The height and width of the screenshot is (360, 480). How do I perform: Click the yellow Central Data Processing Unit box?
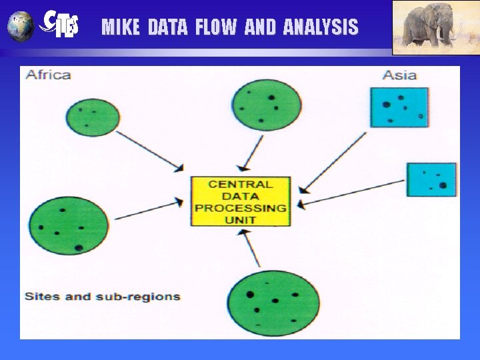tap(241, 201)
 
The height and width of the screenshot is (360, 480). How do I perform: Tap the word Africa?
tap(48, 75)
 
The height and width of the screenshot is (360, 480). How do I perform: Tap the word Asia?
tap(399, 75)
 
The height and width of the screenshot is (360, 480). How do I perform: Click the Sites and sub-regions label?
tap(102, 296)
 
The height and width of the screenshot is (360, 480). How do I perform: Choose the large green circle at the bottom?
tap(273, 303)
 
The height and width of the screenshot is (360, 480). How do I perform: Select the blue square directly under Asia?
tap(399, 107)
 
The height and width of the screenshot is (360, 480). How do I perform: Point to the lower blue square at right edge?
tap(432, 179)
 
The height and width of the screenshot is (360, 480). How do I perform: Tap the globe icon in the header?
tap(21, 25)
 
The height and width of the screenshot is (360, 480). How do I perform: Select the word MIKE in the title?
tap(121, 27)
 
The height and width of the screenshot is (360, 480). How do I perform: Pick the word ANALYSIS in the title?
tap(321, 27)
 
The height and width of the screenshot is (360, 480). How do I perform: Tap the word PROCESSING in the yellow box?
tap(241, 207)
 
